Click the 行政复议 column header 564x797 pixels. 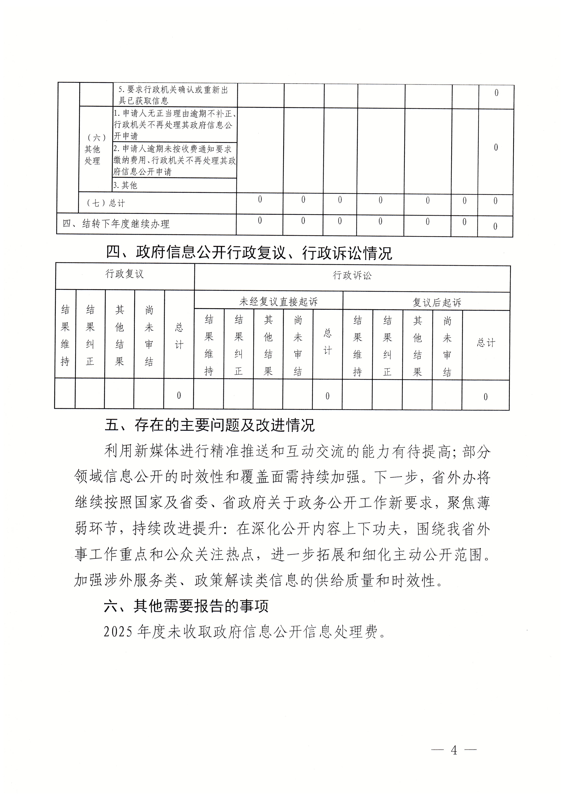coord(125,274)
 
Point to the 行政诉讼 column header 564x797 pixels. coord(352,276)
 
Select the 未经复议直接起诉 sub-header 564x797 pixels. coord(279,302)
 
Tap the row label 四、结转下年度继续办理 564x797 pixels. coord(116,224)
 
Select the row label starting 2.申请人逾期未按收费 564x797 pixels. coord(174,160)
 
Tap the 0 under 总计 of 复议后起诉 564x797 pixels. coord(486,397)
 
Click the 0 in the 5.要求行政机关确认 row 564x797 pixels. coord(496,93)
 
